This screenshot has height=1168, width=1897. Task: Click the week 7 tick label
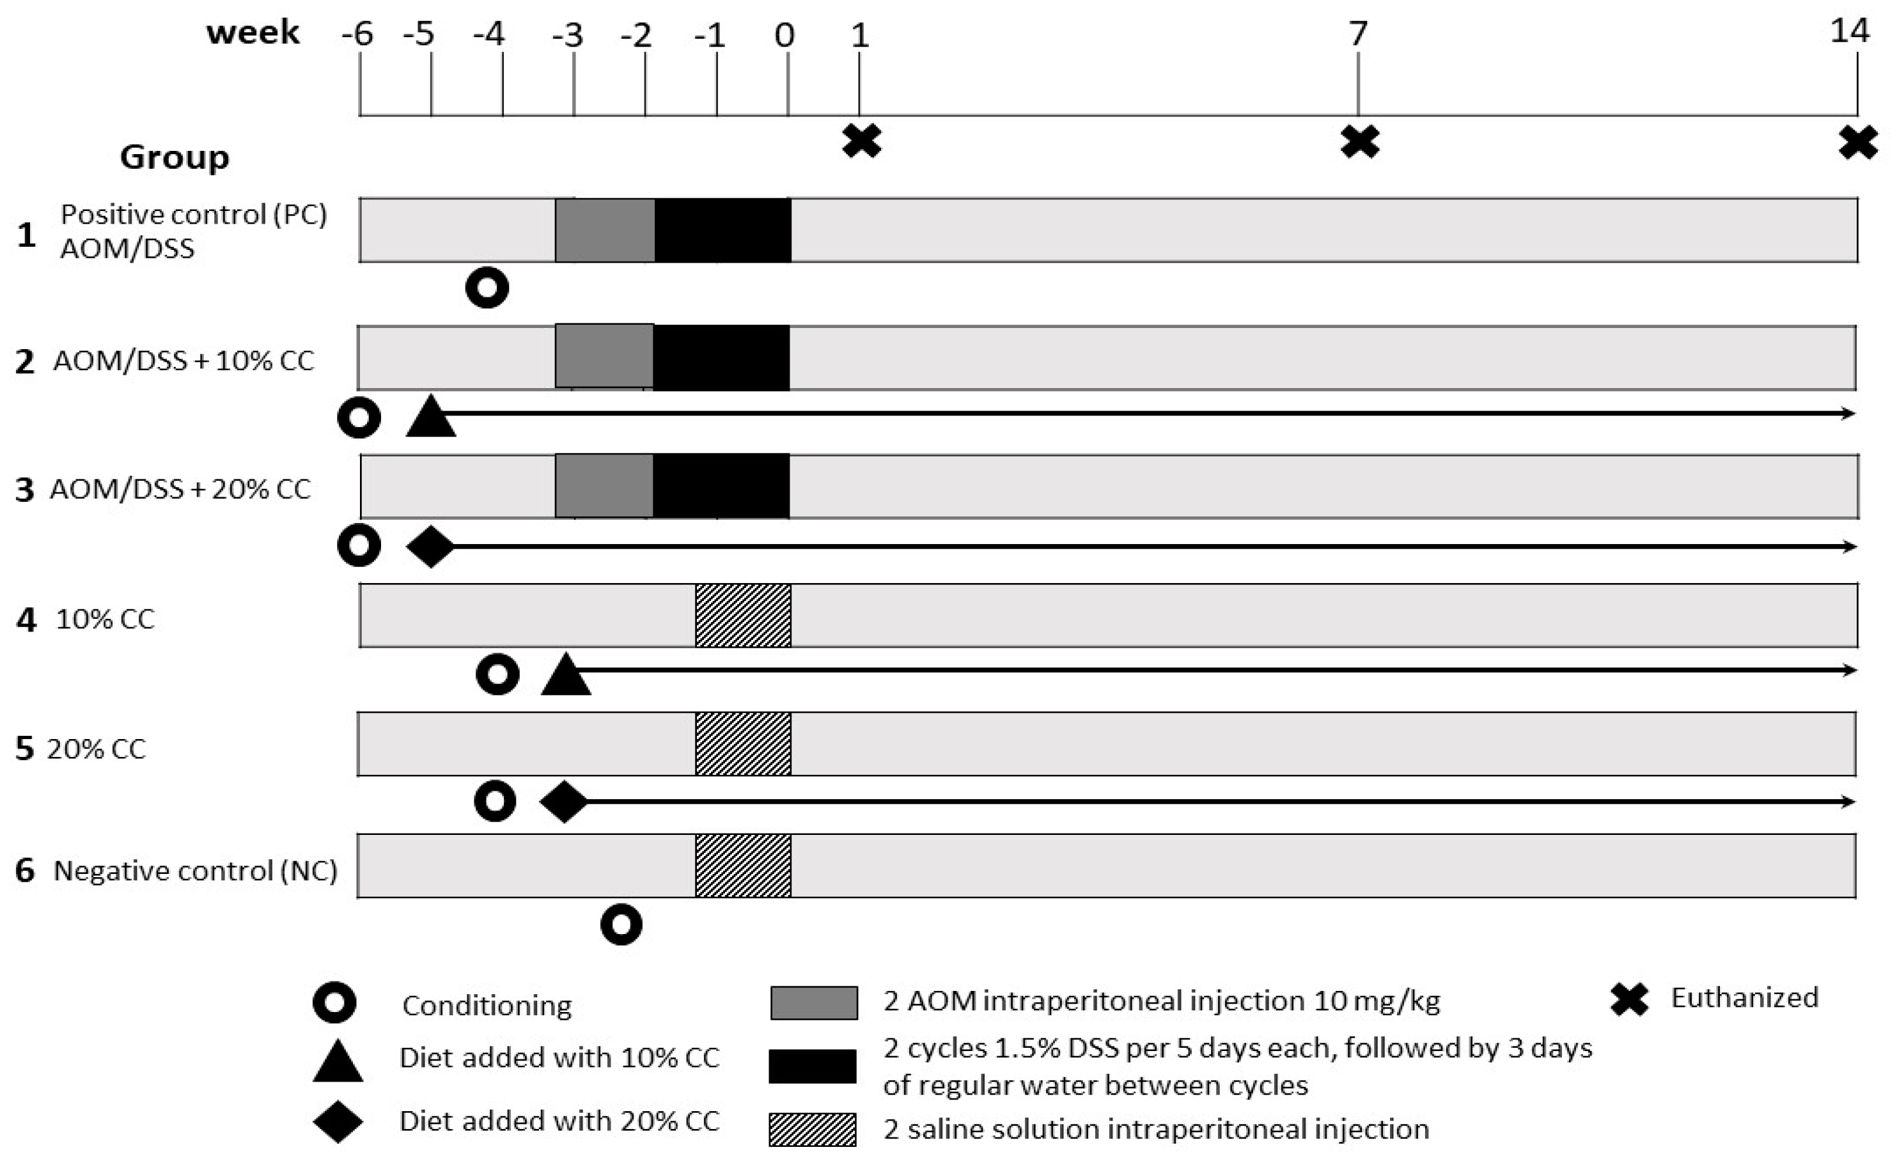(1358, 33)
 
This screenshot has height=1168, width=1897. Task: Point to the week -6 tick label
(357, 35)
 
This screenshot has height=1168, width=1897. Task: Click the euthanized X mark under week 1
(861, 141)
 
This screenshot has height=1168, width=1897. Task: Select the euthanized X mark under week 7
(1359, 142)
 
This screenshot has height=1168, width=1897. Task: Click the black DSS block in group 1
(723, 230)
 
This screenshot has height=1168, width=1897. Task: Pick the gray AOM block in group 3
(604, 486)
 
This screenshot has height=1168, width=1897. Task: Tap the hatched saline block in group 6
(743, 865)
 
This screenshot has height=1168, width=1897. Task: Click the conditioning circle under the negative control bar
(621, 924)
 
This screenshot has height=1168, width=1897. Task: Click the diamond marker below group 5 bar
(563, 802)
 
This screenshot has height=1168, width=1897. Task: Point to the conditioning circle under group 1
(487, 288)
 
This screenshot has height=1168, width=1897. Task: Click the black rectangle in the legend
(813, 1066)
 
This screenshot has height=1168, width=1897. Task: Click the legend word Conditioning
(487, 1005)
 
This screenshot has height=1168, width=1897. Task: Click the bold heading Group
(175, 157)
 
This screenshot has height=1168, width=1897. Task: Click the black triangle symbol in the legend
(338, 1061)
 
